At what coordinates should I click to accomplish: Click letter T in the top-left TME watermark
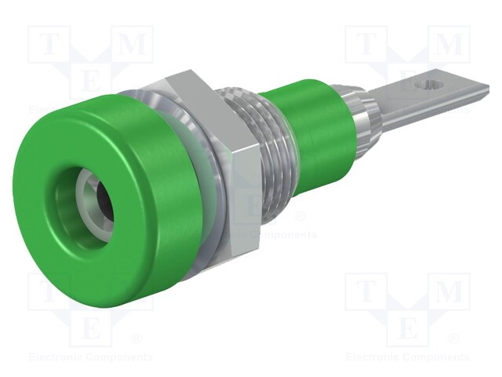pos(48,46)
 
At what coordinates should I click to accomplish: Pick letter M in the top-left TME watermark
pos(134,46)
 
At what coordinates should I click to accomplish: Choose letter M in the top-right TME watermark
pos(450,46)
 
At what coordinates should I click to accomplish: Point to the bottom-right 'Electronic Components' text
pos(408,357)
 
